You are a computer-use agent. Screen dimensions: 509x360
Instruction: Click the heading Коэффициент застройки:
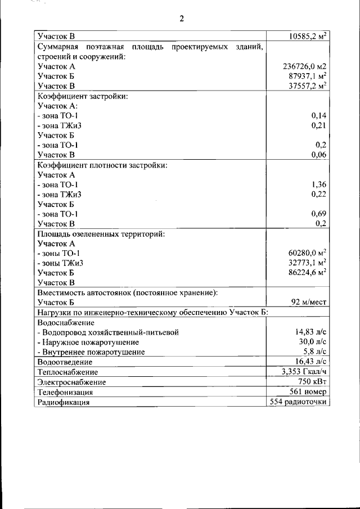(83, 96)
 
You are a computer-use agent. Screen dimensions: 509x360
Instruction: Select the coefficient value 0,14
(319, 115)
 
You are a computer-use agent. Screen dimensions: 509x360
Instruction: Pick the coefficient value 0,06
(319, 155)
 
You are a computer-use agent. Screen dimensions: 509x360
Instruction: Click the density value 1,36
(319, 184)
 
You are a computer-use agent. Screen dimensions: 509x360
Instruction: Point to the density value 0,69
(319, 214)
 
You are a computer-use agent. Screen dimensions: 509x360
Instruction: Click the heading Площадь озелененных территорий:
(101, 233)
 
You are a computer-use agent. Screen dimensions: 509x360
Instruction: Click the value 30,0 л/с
(313, 342)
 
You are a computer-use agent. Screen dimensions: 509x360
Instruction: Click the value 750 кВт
(313, 382)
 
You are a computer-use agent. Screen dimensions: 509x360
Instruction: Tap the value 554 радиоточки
(299, 402)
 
